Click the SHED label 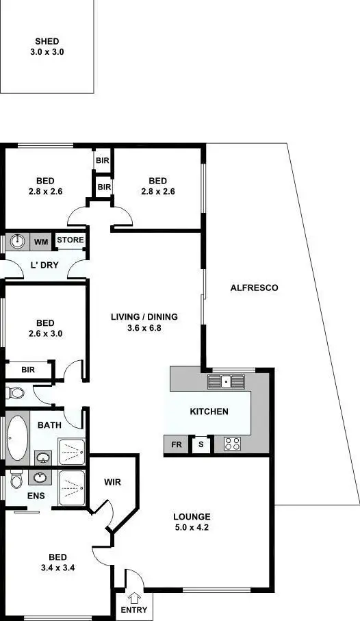click(47, 42)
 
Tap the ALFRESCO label click(254, 288)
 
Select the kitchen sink click(225, 381)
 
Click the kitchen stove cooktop click(233, 444)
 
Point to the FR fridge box click(177, 445)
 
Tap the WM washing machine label click(41, 242)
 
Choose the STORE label click(70, 240)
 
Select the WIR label click(113, 482)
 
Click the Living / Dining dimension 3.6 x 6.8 click(144, 328)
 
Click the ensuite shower click(72, 488)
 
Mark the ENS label click(36, 494)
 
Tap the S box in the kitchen click(201, 445)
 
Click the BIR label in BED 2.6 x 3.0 click(28, 370)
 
